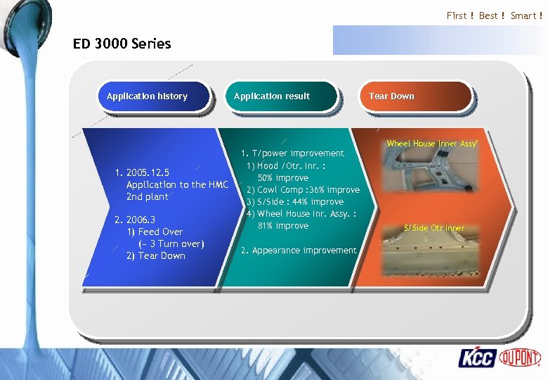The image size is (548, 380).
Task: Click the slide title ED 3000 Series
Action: [x=122, y=44]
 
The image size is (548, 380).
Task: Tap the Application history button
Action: [x=148, y=96]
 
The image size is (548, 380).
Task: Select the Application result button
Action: [x=272, y=96]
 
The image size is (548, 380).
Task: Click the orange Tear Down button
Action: [x=392, y=96]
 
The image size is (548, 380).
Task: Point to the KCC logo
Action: [x=477, y=358]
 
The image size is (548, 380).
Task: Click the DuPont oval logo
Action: [x=520, y=357]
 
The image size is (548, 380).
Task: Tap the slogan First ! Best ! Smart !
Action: [x=495, y=15]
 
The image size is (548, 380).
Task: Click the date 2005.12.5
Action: [x=147, y=172]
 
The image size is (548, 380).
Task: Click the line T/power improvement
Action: [x=293, y=153]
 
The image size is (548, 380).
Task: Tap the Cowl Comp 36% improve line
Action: [x=303, y=190]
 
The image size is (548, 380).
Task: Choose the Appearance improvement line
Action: [x=299, y=251]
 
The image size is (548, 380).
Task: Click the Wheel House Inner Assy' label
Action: [x=432, y=144]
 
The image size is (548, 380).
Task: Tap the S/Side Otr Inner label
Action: [x=433, y=228]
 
